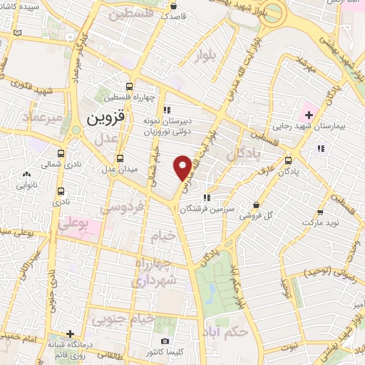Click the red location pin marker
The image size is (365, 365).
pos(183,167)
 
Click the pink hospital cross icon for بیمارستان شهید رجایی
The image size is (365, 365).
pos(309,114)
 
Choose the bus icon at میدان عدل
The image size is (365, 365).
pos(120,158)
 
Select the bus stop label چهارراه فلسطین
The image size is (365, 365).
pos(128,98)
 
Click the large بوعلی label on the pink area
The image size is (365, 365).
pos(73,225)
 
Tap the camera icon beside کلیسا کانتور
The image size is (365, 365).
pos(165,342)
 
